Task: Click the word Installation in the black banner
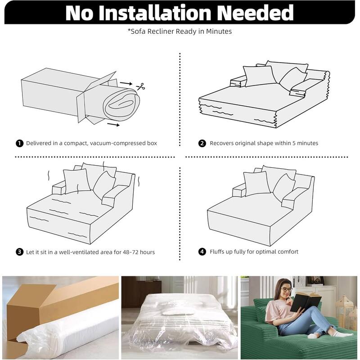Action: pyautogui.click(x=155, y=13)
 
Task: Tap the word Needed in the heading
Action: pyautogui.click(x=255, y=13)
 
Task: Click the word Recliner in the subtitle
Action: pyautogui.click(x=160, y=31)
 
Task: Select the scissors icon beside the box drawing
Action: pyautogui.click(x=141, y=86)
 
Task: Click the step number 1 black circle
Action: pyautogui.click(x=19, y=143)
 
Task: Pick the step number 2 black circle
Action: pyautogui.click(x=202, y=143)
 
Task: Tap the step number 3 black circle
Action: pyautogui.click(x=19, y=252)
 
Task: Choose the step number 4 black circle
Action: pyautogui.click(x=202, y=252)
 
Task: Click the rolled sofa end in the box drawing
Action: pyautogui.click(x=121, y=105)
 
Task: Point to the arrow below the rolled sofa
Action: pyautogui.click(x=113, y=125)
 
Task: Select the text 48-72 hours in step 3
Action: pyautogui.click(x=139, y=252)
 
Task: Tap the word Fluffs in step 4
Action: pyautogui.click(x=217, y=252)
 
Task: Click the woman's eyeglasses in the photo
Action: pyautogui.click(x=286, y=289)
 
